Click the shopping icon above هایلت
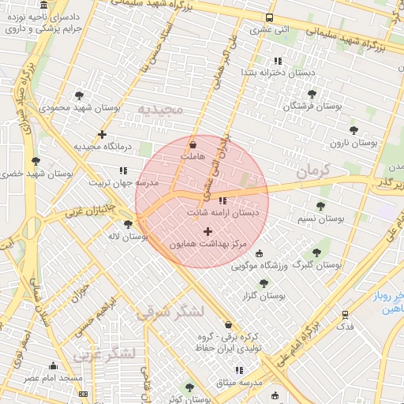click(x=193, y=144)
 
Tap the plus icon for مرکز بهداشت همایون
click(x=208, y=231)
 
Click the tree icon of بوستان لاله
click(x=128, y=225)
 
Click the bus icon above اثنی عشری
click(x=270, y=17)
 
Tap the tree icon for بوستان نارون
click(x=353, y=130)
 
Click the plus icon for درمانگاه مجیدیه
click(x=102, y=134)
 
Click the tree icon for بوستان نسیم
click(x=320, y=205)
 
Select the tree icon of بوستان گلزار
click(x=264, y=282)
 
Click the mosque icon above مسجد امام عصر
click(x=53, y=366)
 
